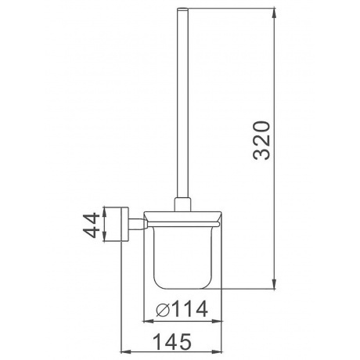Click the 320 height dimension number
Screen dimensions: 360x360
[261, 140]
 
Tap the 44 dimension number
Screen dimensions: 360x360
[92, 225]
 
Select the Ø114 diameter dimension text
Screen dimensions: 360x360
[182, 308]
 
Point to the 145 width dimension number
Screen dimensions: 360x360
[172, 341]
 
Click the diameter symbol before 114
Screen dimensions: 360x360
[163, 309]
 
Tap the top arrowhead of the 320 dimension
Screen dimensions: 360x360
[274, 13]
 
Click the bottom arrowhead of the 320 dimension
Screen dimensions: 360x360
[274, 284]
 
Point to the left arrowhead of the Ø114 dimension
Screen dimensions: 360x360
[149, 322]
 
